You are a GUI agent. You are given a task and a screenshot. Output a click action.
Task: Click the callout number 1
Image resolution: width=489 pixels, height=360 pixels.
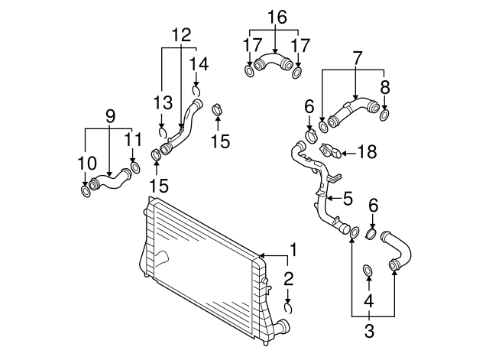click(293, 250)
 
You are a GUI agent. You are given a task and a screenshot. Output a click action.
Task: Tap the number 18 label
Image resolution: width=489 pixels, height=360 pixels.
click(367, 152)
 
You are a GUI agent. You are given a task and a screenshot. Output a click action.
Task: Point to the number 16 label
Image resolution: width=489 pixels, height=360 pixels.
click(277, 16)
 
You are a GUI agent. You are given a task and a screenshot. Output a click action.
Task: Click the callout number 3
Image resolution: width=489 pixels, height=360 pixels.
click(369, 331)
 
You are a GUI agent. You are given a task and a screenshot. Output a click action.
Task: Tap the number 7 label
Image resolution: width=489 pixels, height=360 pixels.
click(356, 57)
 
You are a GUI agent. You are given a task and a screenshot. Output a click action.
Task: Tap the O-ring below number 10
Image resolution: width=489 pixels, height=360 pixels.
click(86, 189)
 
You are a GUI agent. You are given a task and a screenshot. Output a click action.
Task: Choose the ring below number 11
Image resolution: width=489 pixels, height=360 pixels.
click(136, 167)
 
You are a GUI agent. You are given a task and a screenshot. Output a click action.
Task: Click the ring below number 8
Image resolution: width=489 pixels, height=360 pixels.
click(384, 115)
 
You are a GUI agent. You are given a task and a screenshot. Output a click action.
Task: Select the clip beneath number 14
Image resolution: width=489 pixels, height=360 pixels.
click(196, 92)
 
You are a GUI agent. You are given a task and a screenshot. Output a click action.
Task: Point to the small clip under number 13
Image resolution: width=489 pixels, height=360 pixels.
click(162, 129)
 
